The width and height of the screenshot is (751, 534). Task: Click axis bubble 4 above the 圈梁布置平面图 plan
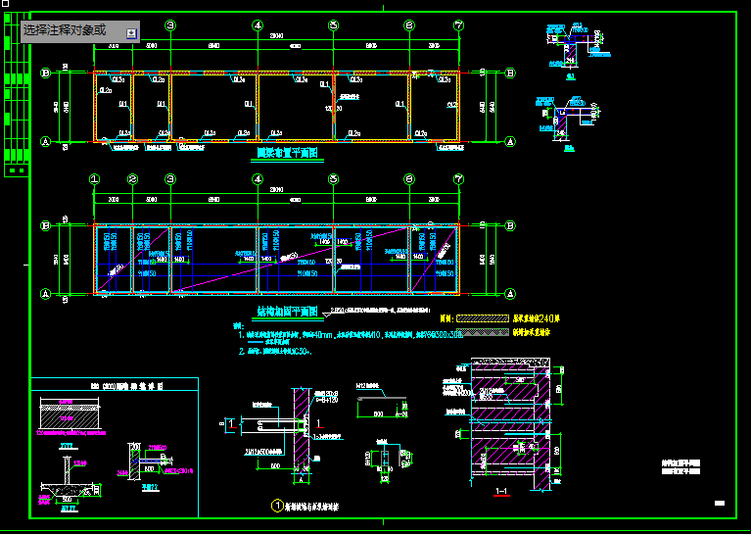pos(258,25)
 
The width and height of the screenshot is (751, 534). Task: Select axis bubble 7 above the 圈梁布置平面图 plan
pos(458,25)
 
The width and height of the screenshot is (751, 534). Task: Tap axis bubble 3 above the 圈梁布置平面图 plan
pos(170,25)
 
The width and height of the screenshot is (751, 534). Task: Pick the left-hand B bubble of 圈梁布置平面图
pos(45,73)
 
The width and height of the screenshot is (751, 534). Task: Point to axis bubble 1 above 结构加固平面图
pos(95,179)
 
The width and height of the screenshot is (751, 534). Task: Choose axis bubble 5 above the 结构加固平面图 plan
pos(334,179)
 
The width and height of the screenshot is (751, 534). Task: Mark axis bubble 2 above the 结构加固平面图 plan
pos(132,179)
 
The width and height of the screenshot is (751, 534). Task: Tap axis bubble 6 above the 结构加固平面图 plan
pos(409,179)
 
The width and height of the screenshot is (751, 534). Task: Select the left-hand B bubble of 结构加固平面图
pos(45,226)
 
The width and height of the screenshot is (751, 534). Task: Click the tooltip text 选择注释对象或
pos(65,31)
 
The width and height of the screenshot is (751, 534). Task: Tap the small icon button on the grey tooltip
pos(131,33)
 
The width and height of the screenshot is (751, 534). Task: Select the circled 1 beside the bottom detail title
pos(276,507)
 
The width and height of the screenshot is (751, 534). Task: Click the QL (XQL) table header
pos(114,385)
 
